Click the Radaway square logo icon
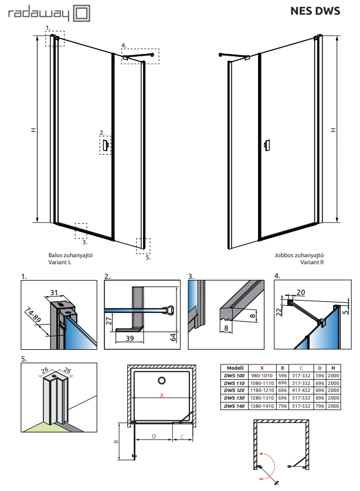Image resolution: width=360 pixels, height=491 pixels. [x=81, y=13]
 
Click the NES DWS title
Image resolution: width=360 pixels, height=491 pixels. [x=315, y=11]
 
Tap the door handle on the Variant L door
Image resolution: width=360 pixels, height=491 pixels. [x=106, y=145]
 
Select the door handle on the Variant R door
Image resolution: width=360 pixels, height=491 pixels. [x=267, y=145]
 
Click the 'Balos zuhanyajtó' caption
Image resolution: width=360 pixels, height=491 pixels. [x=70, y=255]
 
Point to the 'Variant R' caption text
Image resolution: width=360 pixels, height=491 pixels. [x=312, y=262]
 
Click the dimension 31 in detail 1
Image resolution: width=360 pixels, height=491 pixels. [x=54, y=292]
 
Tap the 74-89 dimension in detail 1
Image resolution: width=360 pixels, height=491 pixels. [x=33, y=315]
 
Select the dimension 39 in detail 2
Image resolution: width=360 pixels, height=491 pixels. [x=130, y=338]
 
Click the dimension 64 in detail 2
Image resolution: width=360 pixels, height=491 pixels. [x=174, y=337]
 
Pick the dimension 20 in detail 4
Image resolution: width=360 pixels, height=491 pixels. [x=300, y=292]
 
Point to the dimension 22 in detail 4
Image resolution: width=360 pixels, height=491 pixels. [x=279, y=312]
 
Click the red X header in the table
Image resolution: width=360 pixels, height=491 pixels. [x=262, y=368]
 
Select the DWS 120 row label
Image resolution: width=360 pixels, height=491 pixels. [x=235, y=390]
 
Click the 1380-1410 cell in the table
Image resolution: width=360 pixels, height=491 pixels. [x=262, y=406]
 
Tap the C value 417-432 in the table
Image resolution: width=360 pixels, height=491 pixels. [x=301, y=390]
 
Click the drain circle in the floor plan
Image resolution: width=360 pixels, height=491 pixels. [x=162, y=380]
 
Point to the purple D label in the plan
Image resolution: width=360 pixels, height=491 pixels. [x=154, y=436]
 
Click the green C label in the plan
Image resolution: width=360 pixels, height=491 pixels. [x=182, y=437]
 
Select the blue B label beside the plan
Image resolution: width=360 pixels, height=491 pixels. [x=116, y=442]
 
